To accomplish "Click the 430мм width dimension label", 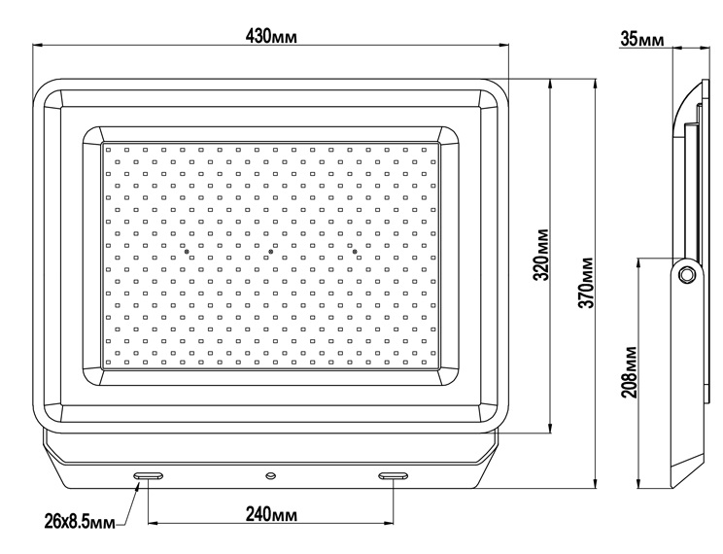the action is [x=271, y=36].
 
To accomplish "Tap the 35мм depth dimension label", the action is [x=642, y=39].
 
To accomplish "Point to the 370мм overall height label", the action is [x=587, y=282].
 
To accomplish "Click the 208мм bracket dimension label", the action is [x=629, y=372].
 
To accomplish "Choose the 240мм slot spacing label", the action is [x=271, y=514].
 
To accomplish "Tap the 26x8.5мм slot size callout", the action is [x=80, y=522].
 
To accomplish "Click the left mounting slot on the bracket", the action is [x=149, y=475].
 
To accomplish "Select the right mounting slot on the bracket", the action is [x=393, y=475].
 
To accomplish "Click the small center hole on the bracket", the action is [x=271, y=475].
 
